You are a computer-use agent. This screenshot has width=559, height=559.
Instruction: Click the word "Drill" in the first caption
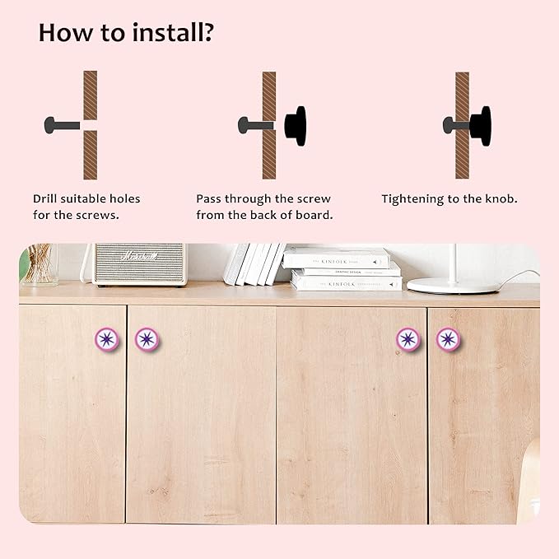pyautogui.click(x=48, y=198)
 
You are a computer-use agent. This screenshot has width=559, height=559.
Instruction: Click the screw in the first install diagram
pyautogui.click(x=61, y=125)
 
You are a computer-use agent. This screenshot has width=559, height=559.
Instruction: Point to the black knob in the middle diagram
pyautogui.click(x=295, y=125)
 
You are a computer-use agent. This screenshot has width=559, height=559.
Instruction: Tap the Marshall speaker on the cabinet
pyautogui.click(x=139, y=263)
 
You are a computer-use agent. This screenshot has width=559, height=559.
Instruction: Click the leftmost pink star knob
pyautogui.click(x=106, y=338)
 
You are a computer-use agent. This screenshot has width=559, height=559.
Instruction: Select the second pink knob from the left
pyautogui.click(x=147, y=338)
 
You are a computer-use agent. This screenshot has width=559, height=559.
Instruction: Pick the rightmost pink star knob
pyautogui.click(x=448, y=338)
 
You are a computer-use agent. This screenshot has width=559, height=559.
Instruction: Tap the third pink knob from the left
pyautogui.click(x=408, y=338)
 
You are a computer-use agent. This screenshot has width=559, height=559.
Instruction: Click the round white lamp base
pyautogui.click(x=453, y=285)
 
